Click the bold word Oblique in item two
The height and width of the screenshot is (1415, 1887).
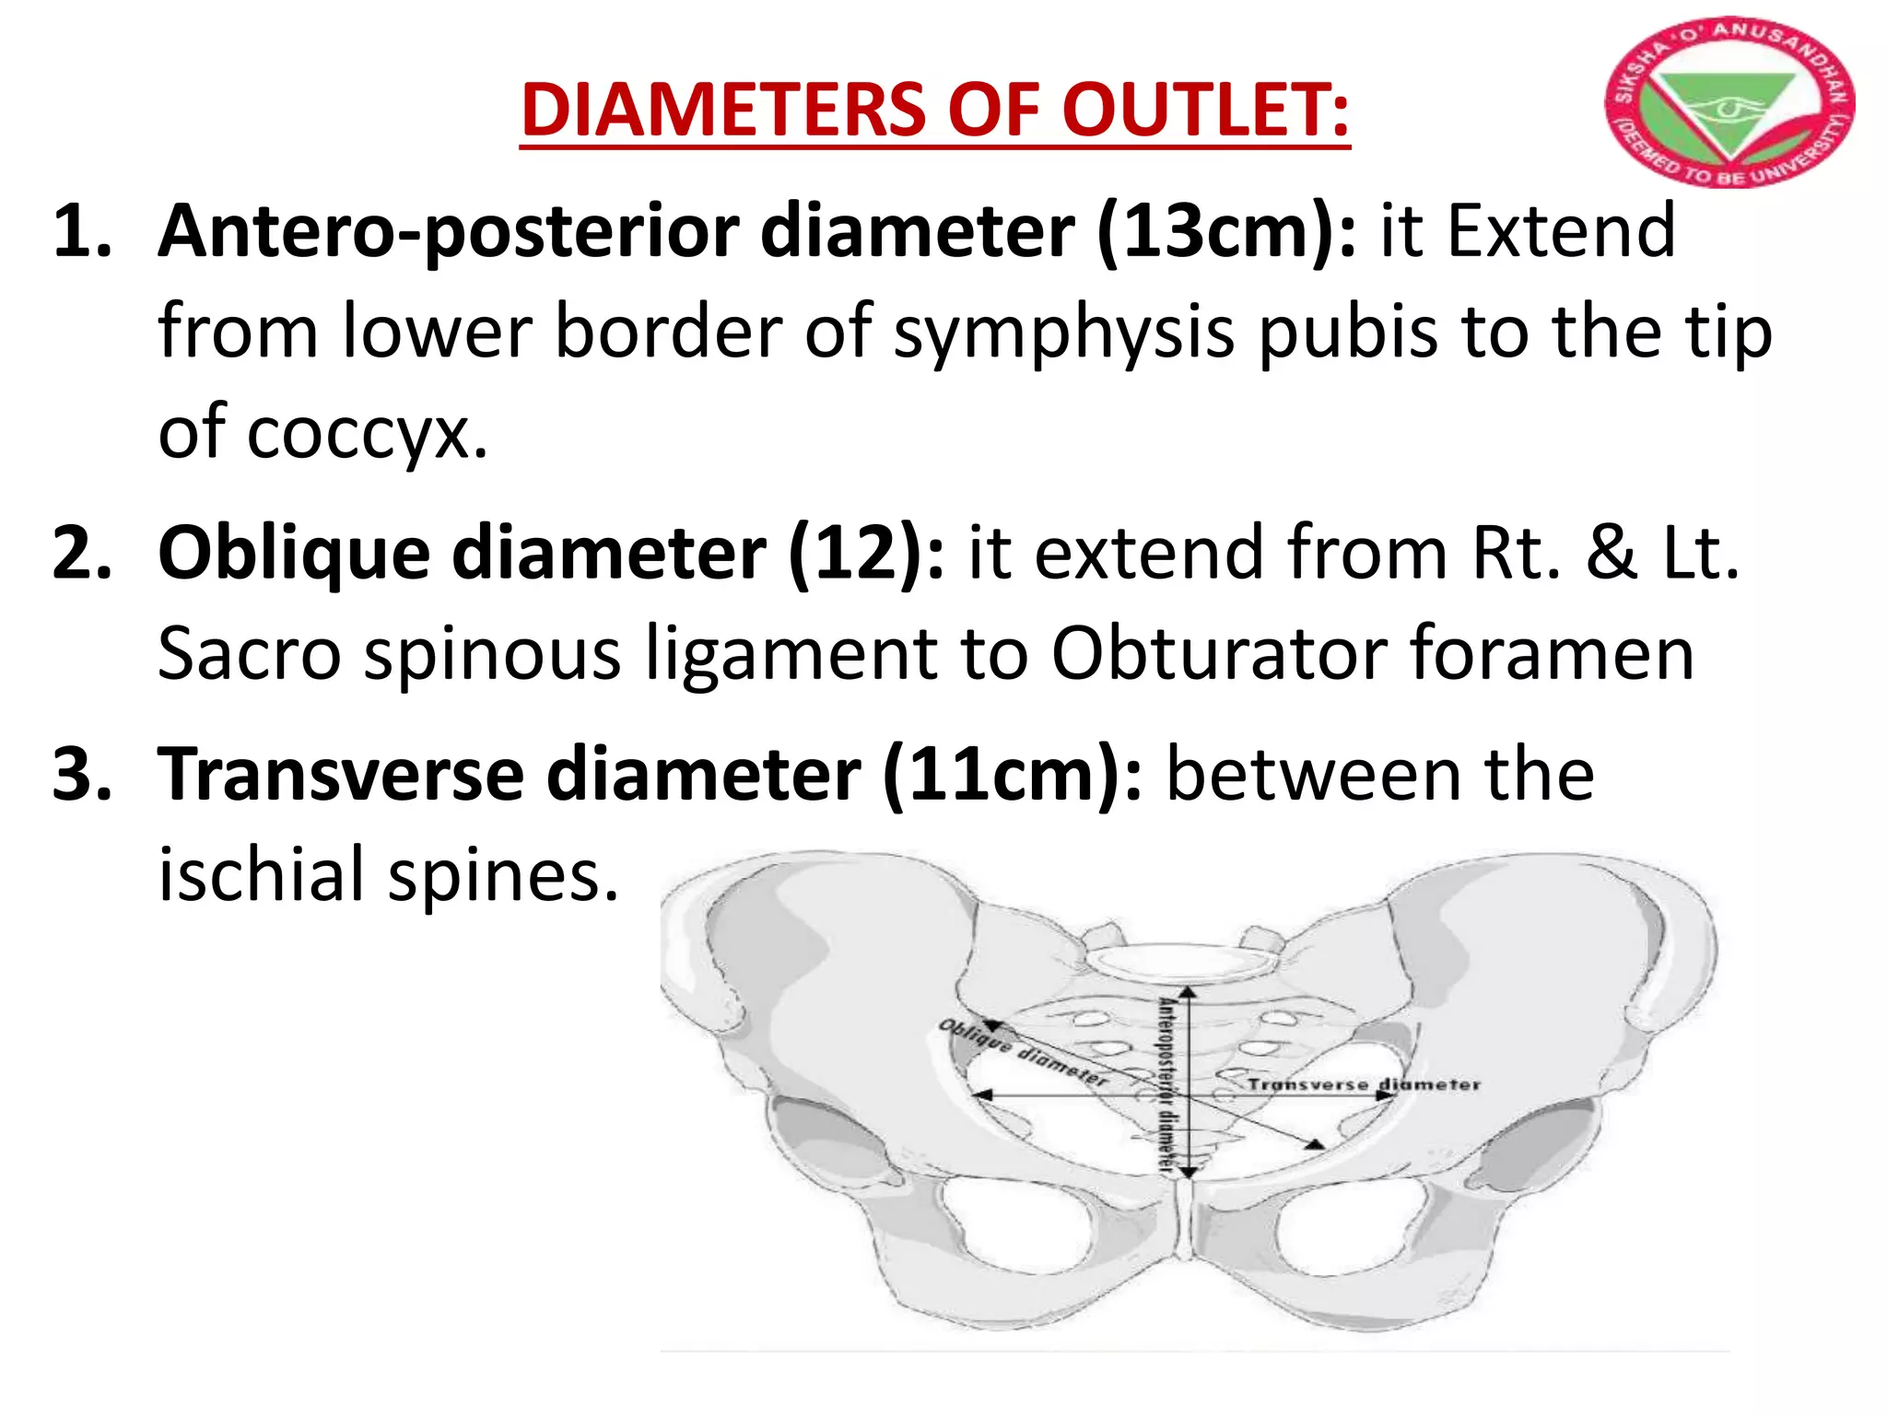293,553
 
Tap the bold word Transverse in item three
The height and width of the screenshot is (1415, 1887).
341,774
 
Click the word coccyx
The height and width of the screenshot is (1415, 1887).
367,433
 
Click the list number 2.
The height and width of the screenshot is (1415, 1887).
82,553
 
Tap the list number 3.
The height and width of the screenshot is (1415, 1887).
82,774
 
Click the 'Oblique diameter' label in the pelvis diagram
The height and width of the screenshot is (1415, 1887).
1022,1052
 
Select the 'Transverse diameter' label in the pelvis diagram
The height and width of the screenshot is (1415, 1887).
1364,1084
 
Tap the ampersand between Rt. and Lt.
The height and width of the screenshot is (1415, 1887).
1612,553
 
